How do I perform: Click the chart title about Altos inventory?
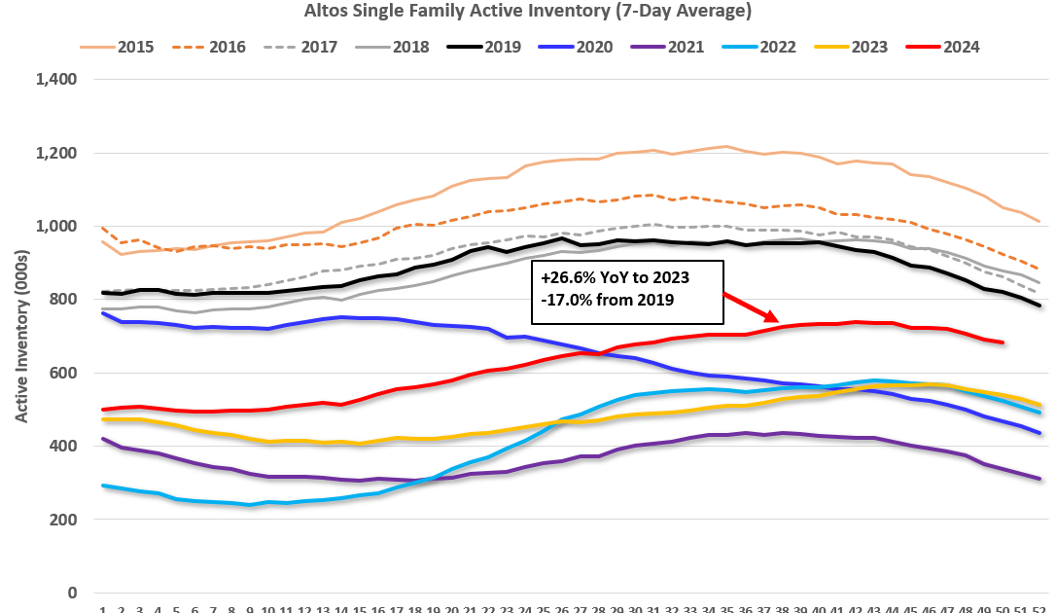pos(528,12)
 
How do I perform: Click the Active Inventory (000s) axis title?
pos(21,337)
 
